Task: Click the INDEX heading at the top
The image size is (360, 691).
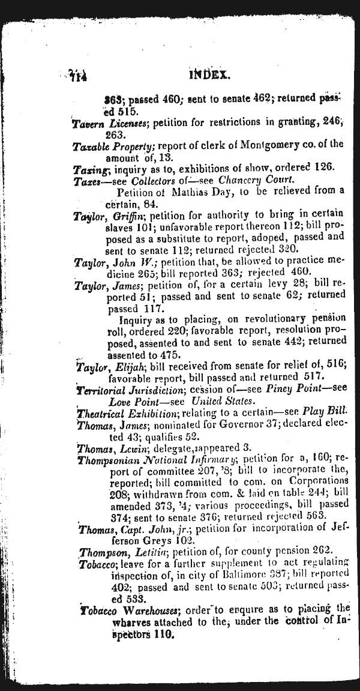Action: (x=209, y=75)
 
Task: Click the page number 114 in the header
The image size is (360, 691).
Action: (x=78, y=76)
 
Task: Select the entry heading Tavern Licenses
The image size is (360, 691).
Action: (x=110, y=122)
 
